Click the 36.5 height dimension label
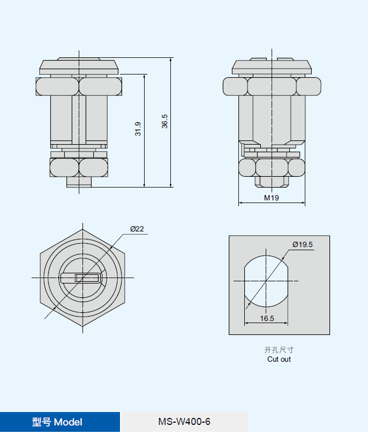pos(164,121)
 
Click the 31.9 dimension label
pos(138,129)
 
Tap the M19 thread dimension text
pos(272,198)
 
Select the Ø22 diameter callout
pos(137,229)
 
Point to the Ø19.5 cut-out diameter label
pos(303,244)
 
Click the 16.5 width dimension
pos(267,318)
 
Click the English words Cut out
pos(279,360)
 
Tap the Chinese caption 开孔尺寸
pos(279,350)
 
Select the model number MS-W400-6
pos(184,422)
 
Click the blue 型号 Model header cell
pos(60,422)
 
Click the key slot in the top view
pos(80,278)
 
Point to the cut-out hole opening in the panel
pos(266,281)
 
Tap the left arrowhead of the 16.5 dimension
pos(246,323)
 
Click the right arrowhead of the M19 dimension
pos(303,203)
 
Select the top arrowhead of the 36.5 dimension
pos(171,60)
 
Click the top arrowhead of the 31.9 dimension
pos(145,77)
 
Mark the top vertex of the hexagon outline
pos(82,229)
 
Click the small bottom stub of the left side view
pos(79,182)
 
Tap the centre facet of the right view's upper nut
pos(272,86)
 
